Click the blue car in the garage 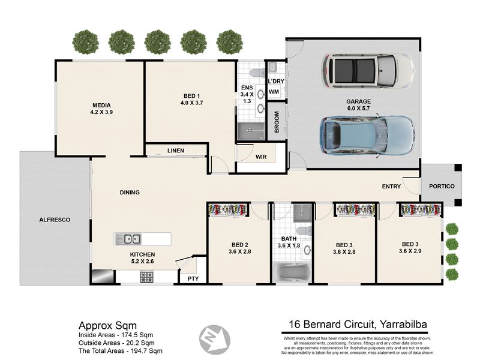coord(367,136)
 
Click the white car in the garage coord(368,71)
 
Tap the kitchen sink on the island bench coord(128,239)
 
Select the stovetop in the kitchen coord(146,277)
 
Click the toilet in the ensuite coord(257,73)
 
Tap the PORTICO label coord(442,186)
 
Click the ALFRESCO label coord(55,220)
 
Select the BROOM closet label coord(277,122)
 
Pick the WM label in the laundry coord(274,92)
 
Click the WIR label coord(261,157)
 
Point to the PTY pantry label coord(193,278)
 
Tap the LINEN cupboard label coord(176,151)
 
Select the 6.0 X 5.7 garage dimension coord(358,109)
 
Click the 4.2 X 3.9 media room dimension coord(101,112)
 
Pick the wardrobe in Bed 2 coord(228,209)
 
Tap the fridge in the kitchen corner coord(103,276)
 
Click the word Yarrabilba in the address coord(403,324)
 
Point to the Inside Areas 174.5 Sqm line coord(116,335)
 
